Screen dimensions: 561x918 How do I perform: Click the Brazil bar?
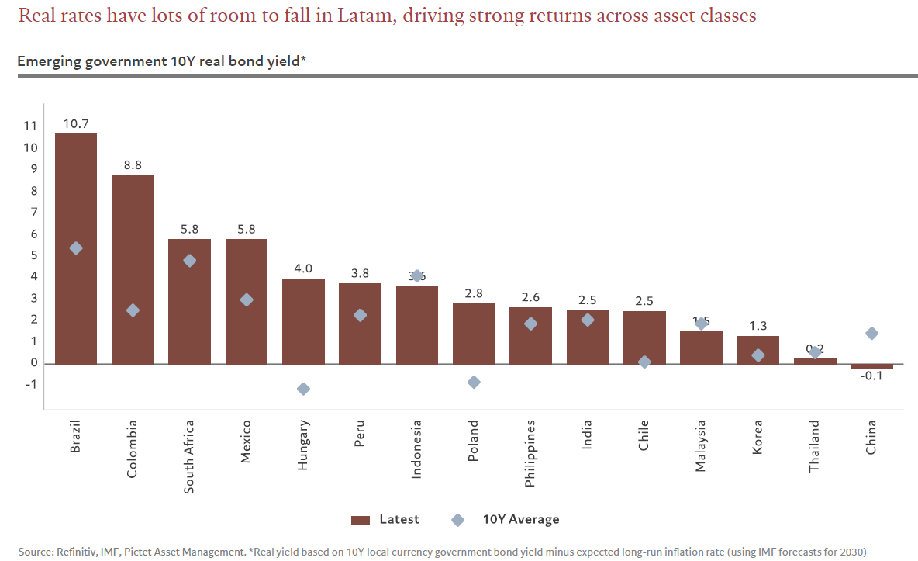76,248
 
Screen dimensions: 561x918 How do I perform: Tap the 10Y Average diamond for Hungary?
303,389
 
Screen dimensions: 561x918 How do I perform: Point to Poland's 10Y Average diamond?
474,383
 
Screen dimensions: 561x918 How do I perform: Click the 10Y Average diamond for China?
871,334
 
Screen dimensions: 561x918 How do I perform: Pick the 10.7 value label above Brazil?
76,123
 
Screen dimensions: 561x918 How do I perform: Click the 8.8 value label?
133,164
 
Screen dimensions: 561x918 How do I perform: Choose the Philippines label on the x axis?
530,453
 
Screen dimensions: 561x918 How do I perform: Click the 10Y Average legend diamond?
457,520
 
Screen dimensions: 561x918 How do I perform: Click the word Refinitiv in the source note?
78,552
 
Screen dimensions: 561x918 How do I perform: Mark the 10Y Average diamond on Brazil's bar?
76,248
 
